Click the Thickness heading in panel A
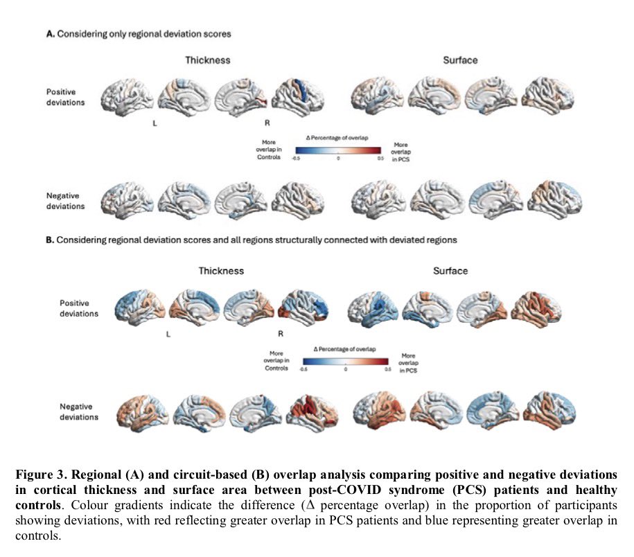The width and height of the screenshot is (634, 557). [x=207, y=60]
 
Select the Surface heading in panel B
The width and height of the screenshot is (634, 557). [x=450, y=270]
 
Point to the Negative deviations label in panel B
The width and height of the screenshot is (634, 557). [x=77, y=412]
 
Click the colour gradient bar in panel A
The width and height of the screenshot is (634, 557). [x=337, y=149]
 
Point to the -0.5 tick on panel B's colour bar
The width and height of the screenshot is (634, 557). [x=303, y=369]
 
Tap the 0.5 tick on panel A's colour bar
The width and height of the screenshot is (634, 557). [x=380, y=158]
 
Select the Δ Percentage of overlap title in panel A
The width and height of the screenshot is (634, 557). [x=337, y=138]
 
